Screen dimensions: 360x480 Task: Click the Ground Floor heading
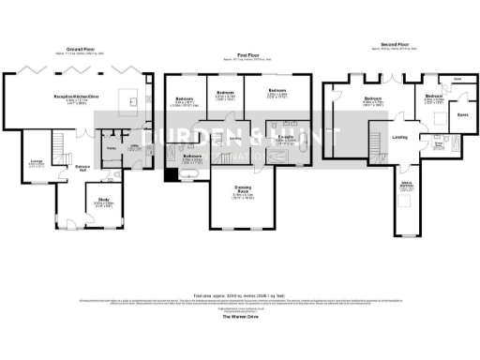(82, 49)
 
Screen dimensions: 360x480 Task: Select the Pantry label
(110, 148)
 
